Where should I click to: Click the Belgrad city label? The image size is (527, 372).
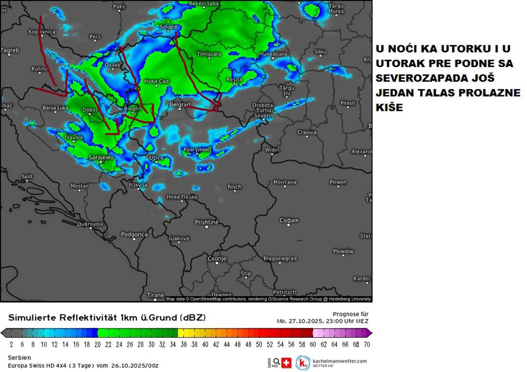(180, 105)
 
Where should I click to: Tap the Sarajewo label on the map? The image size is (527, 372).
(101, 157)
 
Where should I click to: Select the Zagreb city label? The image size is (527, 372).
(10, 50)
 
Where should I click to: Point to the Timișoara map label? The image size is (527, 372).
(209, 54)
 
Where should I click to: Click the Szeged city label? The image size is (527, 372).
(168, 27)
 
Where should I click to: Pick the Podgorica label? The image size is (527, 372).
(134, 235)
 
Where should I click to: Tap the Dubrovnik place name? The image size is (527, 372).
(90, 224)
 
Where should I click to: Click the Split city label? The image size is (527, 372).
(27, 177)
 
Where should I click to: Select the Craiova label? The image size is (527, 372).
(307, 132)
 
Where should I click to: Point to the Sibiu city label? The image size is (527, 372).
(321, 52)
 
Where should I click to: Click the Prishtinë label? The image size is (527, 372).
(206, 222)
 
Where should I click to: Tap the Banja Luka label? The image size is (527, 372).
(55, 107)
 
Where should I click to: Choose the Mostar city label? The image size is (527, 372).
(79, 186)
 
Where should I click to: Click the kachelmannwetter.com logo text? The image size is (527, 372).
(339, 361)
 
